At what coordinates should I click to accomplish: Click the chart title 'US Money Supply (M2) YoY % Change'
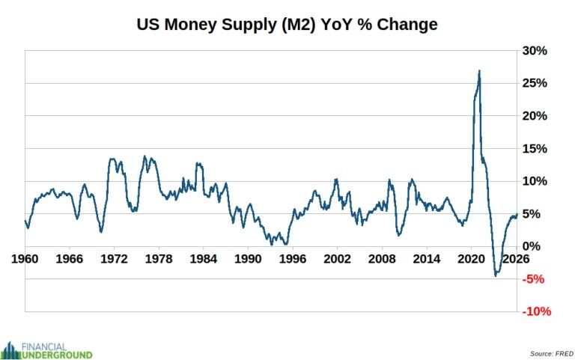[x=287, y=24]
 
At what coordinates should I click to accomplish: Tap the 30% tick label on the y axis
[x=535, y=51]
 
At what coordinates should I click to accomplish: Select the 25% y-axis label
[x=535, y=83]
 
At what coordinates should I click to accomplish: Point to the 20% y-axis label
[x=535, y=116]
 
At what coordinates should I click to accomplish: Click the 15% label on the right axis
[x=535, y=148]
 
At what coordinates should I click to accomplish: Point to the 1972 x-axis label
[x=114, y=259]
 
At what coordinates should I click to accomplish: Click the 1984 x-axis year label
[x=203, y=259]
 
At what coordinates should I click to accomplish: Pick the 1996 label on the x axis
[x=292, y=259]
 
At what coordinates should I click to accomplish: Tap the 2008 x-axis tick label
[x=381, y=259]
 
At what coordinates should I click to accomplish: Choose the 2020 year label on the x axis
[x=470, y=259]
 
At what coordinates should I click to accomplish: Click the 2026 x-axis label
[x=515, y=259]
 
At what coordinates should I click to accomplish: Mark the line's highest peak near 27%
[x=479, y=71]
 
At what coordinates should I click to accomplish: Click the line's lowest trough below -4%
[x=496, y=275]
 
